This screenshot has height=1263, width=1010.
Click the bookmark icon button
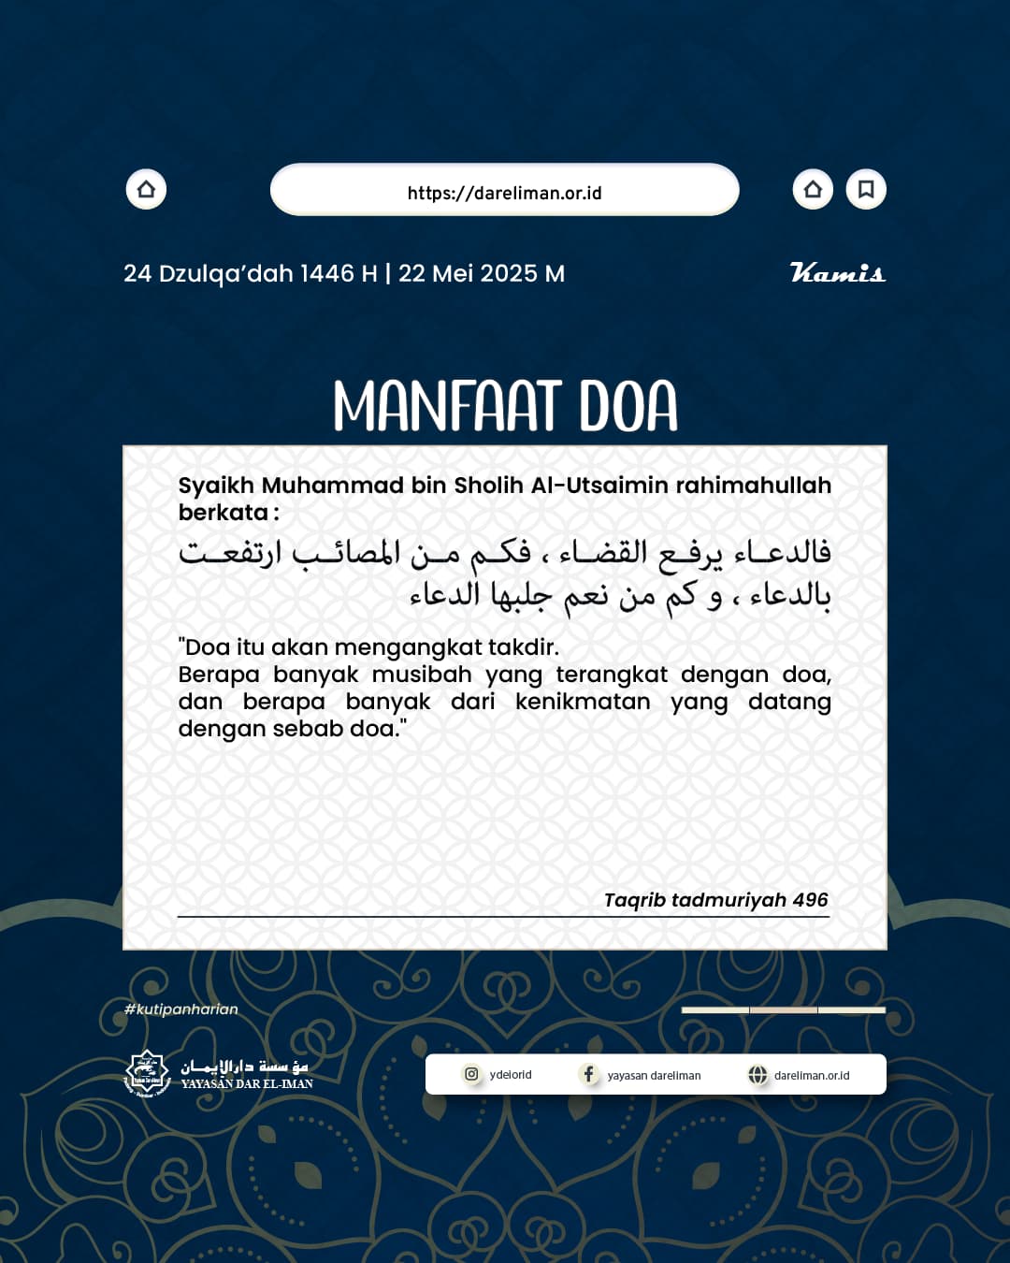coord(866,190)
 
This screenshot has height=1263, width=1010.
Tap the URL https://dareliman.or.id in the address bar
coord(504,194)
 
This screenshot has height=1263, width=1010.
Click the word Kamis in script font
coord(837,273)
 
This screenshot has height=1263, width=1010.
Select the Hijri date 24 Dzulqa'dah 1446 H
coord(250,274)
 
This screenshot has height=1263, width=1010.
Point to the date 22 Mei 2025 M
coord(482,274)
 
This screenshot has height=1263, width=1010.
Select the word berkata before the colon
coord(224,513)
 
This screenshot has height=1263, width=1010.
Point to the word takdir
coord(523,647)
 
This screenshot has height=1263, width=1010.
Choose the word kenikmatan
coord(582,702)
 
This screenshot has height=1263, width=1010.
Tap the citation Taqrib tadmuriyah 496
coord(715,900)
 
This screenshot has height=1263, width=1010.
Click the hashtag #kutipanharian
coord(181,1009)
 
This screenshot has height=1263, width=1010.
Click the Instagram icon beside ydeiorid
coord(471,1074)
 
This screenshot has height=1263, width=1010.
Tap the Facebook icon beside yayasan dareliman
coord(588,1074)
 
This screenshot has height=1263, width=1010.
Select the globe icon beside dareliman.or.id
coord(757,1075)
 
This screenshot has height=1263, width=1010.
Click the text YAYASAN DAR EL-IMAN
coord(247,1084)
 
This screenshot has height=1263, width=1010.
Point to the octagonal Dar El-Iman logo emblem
coord(147,1073)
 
